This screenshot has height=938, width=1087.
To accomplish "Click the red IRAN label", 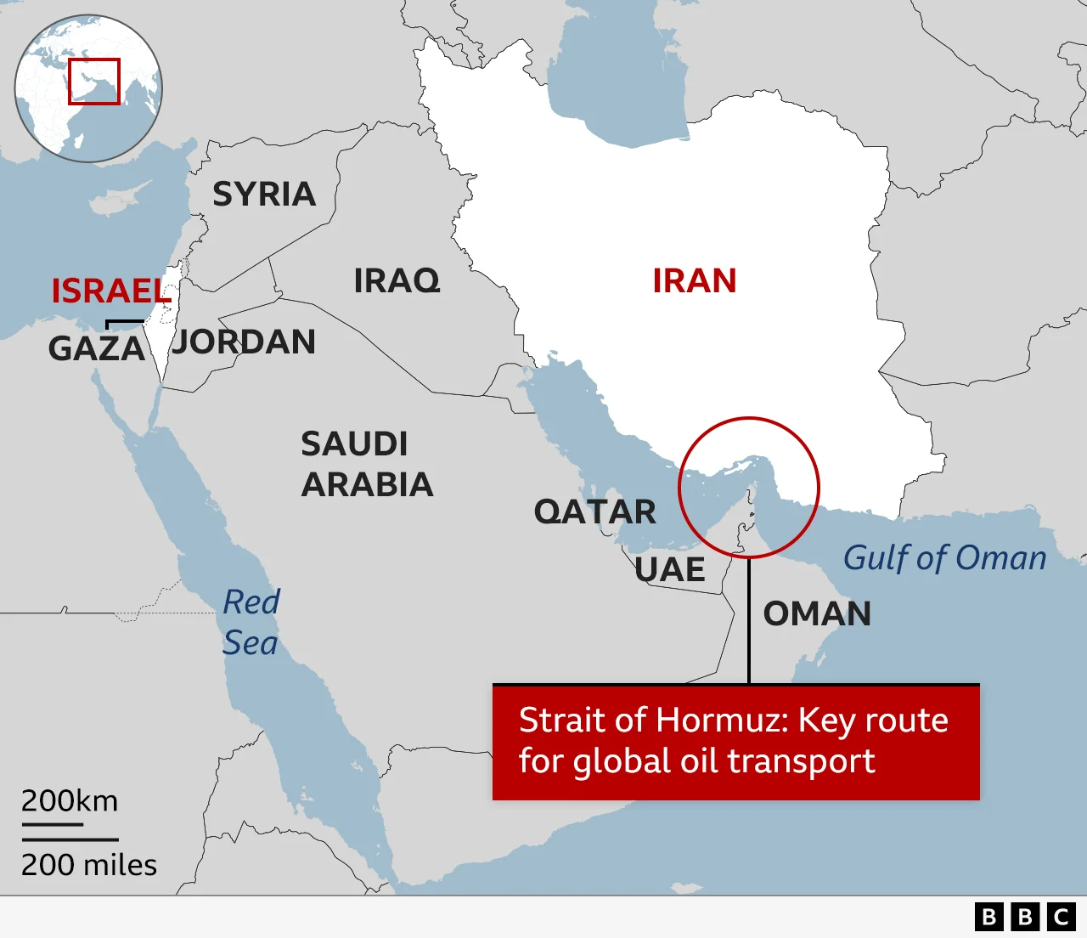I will [694, 281].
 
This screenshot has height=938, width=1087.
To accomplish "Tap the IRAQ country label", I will [397, 280].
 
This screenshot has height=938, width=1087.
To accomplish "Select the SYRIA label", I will [264, 195].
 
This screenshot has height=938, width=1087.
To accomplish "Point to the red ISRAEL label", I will [110, 291].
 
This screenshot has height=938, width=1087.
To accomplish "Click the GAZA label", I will [96, 348].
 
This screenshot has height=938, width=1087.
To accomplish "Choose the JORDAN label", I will [245, 342].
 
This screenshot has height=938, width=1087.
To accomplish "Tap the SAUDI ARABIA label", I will [367, 464].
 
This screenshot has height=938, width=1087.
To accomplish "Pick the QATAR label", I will [594, 512].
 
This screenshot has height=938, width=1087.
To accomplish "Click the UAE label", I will [670, 570].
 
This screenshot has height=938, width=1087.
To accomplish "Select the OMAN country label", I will [817, 613].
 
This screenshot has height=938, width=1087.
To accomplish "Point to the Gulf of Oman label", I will [944, 558].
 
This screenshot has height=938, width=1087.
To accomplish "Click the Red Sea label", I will [251, 622].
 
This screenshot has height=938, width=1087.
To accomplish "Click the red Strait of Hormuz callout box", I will [735, 742].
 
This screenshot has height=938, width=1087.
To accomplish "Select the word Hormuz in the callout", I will [722, 720].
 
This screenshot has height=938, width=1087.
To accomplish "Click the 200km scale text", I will [70, 801].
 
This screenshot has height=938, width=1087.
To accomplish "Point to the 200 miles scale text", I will [89, 865].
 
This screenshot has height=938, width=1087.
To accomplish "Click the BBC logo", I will [1025, 917].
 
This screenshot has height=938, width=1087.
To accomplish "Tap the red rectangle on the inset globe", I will [94, 82].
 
